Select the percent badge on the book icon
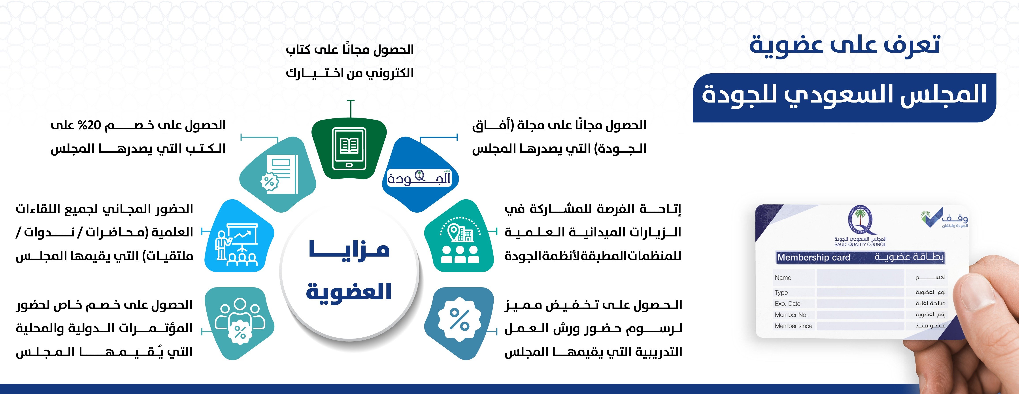pos(269,182)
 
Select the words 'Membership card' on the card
pos(813,257)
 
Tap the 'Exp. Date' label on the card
pos(788,304)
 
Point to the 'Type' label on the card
pos(781,293)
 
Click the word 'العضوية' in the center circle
pos(349,292)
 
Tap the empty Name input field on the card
pos(860,278)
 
